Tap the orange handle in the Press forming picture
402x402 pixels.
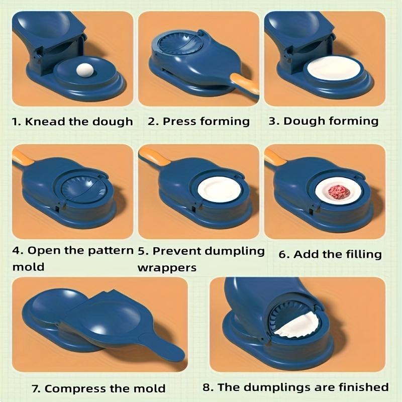[x=245, y=83]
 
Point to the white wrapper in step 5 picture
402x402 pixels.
[x=219, y=191]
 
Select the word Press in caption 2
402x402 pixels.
[x=179, y=121]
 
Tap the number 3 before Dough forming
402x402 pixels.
[x=286, y=121]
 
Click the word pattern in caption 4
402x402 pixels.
[x=111, y=250]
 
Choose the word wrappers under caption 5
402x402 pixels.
[x=167, y=267]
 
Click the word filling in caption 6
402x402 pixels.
[x=361, y=254]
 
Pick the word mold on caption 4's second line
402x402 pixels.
[x=28, y=267]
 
